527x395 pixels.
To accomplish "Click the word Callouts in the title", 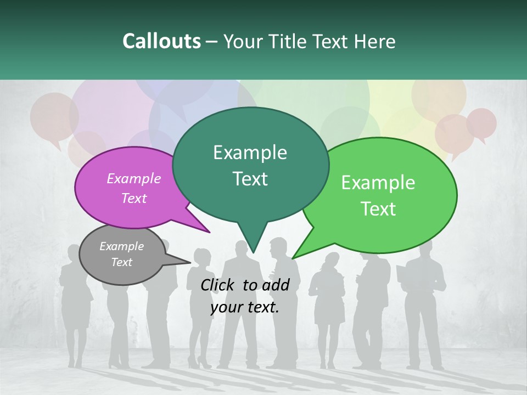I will tap(161, 41).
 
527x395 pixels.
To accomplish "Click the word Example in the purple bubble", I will tap(133, 178).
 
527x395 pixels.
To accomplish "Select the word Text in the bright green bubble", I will tap(378, 209).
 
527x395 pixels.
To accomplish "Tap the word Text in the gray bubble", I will tap(121, 262).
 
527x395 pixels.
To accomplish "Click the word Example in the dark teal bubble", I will tap(250, 153).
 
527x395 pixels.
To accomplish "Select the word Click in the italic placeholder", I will tap(218, 285).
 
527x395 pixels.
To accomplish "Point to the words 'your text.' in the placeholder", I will tap(245, 307).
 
